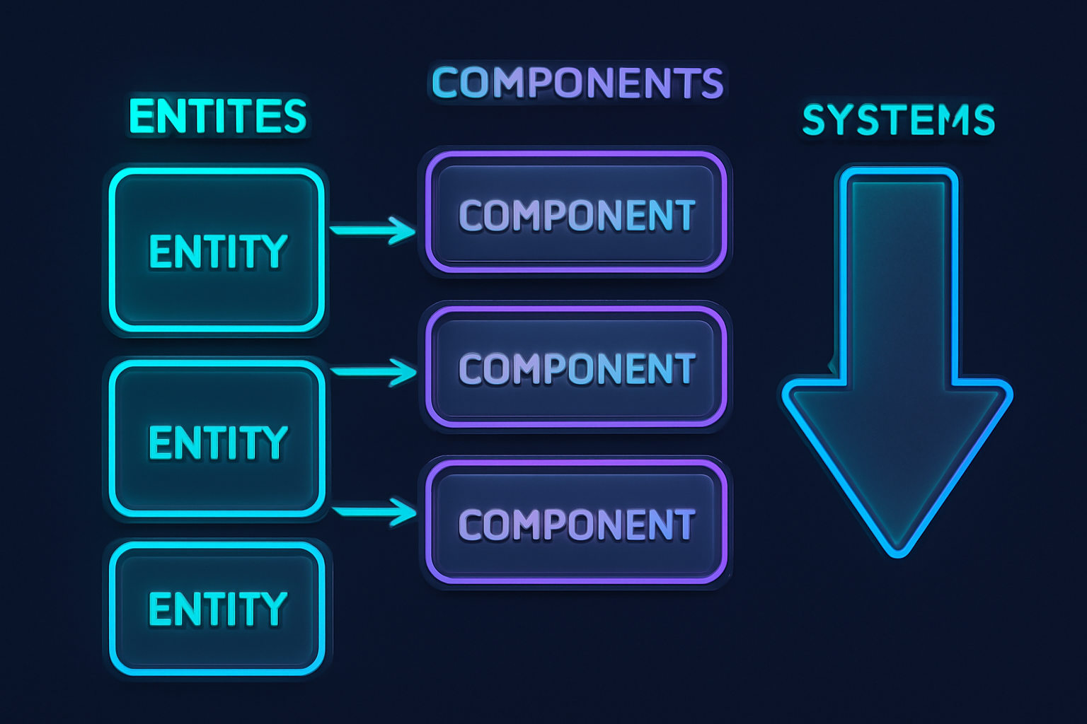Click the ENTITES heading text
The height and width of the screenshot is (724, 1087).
217,117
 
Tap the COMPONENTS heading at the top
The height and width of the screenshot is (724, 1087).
577,83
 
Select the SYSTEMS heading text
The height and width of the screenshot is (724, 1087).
898,119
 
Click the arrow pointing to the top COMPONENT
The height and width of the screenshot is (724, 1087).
374,230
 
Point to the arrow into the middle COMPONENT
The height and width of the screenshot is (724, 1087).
374,371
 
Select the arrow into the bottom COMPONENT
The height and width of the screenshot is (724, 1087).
374,510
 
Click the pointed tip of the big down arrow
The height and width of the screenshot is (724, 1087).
897,551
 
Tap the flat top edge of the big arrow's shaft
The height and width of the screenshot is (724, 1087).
897,171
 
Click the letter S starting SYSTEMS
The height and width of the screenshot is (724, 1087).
815,119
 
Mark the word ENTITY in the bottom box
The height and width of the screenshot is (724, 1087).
217,609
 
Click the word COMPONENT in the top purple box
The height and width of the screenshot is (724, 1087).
576,216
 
